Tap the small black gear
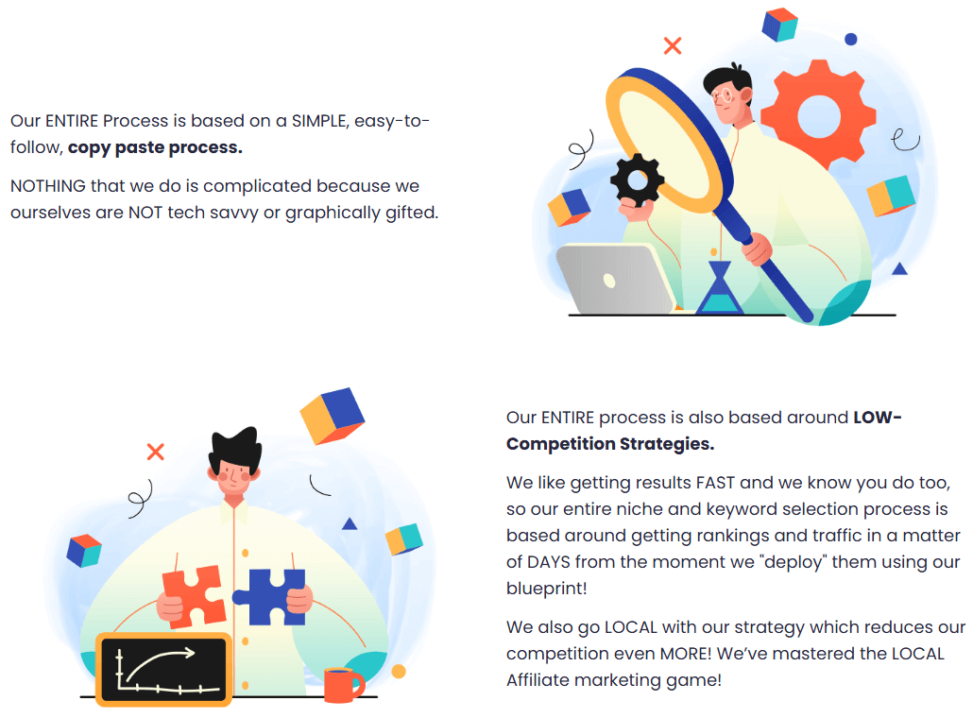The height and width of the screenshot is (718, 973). pyautogui.click(x=639, y=180)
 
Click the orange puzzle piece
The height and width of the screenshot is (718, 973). pyautogui.click(x=193, y=596)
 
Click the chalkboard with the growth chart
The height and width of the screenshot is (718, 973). pyautogui.click(x=164, y=669)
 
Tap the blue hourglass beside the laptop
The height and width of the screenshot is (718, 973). pyautogui.click(x=720, y=289)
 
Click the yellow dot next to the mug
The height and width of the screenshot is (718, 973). pyautogui.click(x=399, y=672)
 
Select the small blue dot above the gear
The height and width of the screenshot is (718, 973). pyautogui.click(x=851, y=40)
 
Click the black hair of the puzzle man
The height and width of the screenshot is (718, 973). pyautogui.click(x=234, y=451)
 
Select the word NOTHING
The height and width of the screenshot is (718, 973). pyautogui.click(x=48, y=186)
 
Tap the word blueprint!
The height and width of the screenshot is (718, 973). pyautogui.click(x=545, y=589)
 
